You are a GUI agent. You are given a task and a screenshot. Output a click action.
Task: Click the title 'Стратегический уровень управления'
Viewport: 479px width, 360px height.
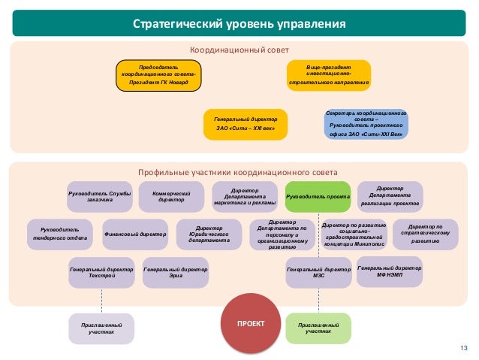239,23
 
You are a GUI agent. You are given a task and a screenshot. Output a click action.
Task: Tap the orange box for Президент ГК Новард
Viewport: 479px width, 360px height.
159,75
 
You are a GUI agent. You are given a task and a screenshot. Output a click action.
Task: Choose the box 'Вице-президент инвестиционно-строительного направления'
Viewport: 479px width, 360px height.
329,75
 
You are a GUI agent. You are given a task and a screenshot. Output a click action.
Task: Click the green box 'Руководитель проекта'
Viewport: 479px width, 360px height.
318,197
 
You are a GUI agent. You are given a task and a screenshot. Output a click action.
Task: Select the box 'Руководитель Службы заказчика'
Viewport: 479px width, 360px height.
100,196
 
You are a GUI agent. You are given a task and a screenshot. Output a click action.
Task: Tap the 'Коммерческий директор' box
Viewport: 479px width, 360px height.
172,196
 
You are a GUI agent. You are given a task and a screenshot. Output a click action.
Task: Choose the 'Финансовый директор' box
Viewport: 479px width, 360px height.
135,234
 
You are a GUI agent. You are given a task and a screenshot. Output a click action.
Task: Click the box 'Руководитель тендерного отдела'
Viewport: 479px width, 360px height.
60,234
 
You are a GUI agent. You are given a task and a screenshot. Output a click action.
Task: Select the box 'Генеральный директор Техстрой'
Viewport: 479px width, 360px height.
101,272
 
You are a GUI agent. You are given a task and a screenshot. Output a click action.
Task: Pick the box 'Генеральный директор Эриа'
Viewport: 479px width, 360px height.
175,272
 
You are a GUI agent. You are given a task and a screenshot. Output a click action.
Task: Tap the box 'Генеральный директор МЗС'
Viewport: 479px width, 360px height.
319,272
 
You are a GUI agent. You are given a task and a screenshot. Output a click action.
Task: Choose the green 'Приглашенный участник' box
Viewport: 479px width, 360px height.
318,328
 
